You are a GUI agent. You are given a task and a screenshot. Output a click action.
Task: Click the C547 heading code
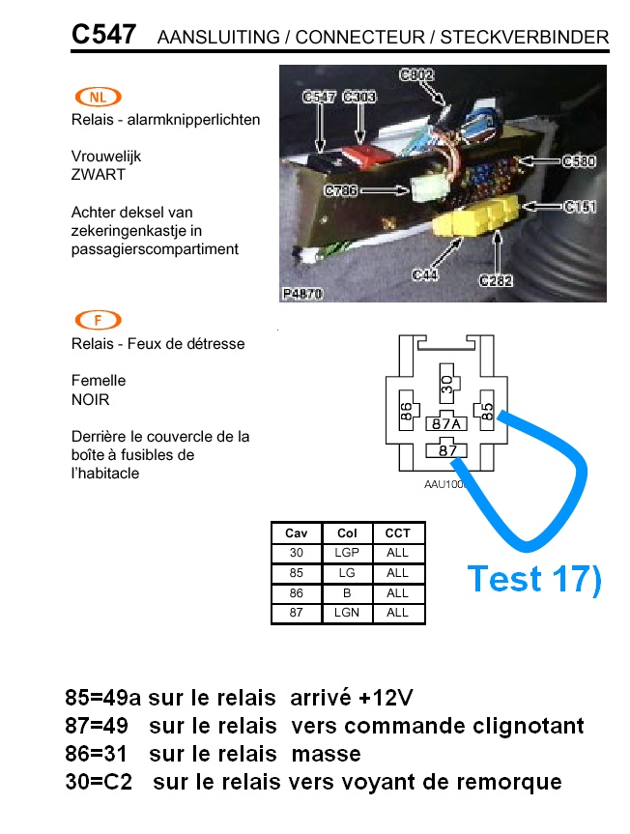103,34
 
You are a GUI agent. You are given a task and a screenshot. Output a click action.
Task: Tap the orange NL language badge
99,97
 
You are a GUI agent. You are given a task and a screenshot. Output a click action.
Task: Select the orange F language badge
99,320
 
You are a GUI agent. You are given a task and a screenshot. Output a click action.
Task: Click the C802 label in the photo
416,75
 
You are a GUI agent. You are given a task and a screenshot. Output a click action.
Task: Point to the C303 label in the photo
359,97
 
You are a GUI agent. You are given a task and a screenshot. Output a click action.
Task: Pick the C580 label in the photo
579,160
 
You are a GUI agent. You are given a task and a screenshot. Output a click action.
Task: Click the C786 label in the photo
341,190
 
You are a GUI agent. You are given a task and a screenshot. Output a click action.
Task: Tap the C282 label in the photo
496,280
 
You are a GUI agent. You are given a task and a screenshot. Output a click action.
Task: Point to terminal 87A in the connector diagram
446,423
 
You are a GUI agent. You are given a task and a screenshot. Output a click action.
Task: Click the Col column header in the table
347,532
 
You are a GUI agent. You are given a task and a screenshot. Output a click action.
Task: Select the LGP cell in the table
347,553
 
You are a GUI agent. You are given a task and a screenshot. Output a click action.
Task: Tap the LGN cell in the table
347,613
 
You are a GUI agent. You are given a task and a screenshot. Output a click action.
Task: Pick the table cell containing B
347,593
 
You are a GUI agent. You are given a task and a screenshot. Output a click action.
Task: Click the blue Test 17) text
534,579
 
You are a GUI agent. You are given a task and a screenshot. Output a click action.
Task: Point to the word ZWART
99,175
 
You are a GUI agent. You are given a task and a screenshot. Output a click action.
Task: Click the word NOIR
91,399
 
